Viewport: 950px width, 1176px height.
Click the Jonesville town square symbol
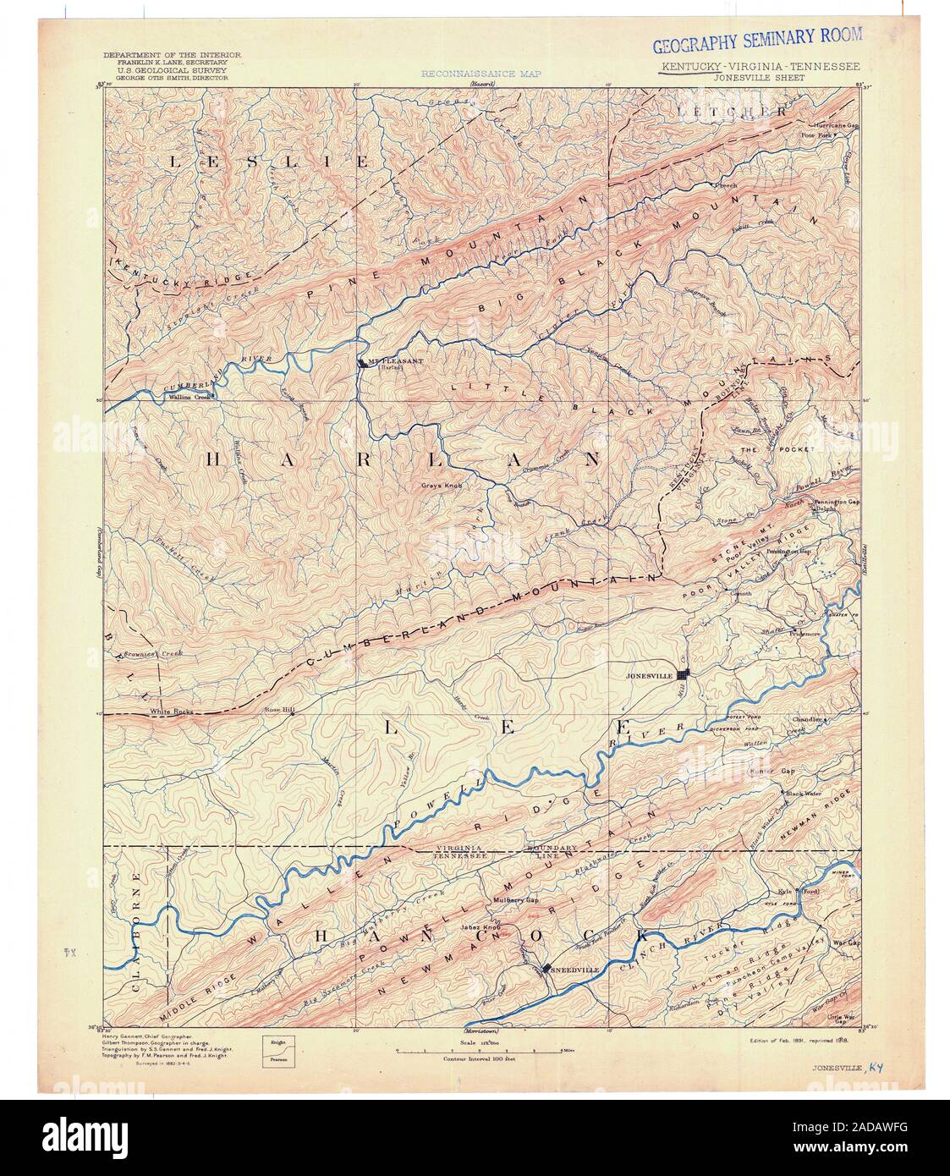tap(685, 674)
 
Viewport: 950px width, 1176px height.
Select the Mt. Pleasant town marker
tap(361, 362)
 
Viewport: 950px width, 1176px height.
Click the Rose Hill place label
tap(278, 710)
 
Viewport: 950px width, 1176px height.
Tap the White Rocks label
tap(172, 712)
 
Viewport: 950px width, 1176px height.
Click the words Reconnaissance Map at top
tap(481, 74)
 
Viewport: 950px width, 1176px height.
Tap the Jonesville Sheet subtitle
tap(760, 76)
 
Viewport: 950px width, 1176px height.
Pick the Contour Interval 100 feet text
tap(474, 1058)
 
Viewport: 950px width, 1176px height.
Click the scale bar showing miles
tap(474, 1049)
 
